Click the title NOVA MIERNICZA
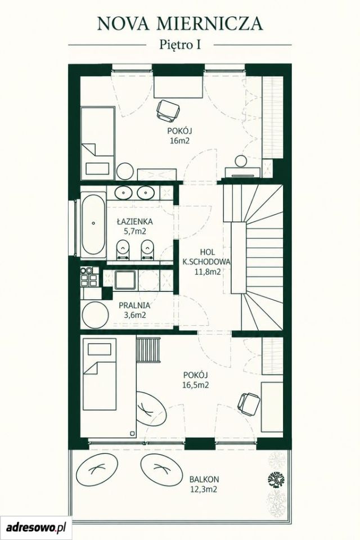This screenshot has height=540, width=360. click(180, 24)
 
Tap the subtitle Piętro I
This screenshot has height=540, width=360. click(180, 45)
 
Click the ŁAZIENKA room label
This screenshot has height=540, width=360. click(134, 222)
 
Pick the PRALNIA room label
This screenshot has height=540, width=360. click(134, 305)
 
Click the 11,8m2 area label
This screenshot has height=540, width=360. click(207, 271)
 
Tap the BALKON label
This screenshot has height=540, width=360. click(204, 479)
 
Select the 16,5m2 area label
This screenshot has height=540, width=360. click(195, 385)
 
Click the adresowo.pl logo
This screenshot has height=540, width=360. click(36, 527)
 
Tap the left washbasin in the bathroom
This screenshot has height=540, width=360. click(123, 193)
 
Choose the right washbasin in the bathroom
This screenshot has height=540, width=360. click(146, 193)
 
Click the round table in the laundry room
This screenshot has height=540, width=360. click(96, 315)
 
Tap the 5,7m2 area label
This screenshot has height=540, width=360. click(134, 231)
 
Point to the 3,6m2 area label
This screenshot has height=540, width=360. click(134, 315)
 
